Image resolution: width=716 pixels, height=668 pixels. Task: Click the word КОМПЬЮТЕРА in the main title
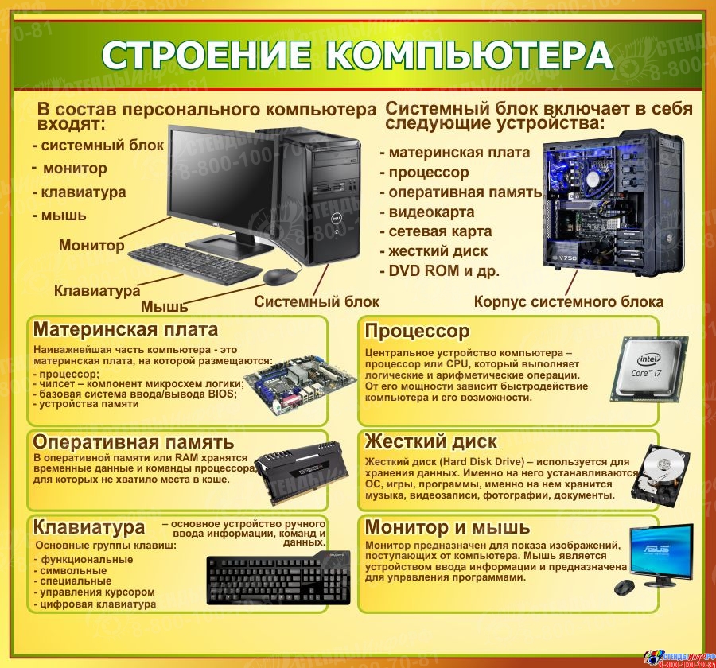(x=469, y=55)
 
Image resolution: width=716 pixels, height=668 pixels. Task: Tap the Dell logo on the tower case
(x=334, y=219)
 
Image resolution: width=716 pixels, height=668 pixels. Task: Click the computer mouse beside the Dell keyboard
(x=279, y=277)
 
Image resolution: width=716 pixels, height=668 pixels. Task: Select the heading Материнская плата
(x=126, y=329)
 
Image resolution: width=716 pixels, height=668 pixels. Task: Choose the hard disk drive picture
(x=660, y=478)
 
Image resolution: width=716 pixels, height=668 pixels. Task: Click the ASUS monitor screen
(x=661, y=549)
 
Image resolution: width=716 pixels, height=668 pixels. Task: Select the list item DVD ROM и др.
(x=440, y=270)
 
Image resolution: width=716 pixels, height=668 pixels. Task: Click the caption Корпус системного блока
(x=569, y=302)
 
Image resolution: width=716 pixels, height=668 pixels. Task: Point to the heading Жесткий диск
(x=430, y=441)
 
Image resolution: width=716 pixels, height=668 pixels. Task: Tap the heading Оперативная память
(x=134, y=442)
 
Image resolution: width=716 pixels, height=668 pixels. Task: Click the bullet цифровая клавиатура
(x=95, y=604)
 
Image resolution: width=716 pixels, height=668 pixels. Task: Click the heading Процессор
(x=417, y=331)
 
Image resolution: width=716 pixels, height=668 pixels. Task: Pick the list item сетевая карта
(x=436, y=231)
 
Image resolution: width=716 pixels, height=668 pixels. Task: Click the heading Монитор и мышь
(x=447, y=527)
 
